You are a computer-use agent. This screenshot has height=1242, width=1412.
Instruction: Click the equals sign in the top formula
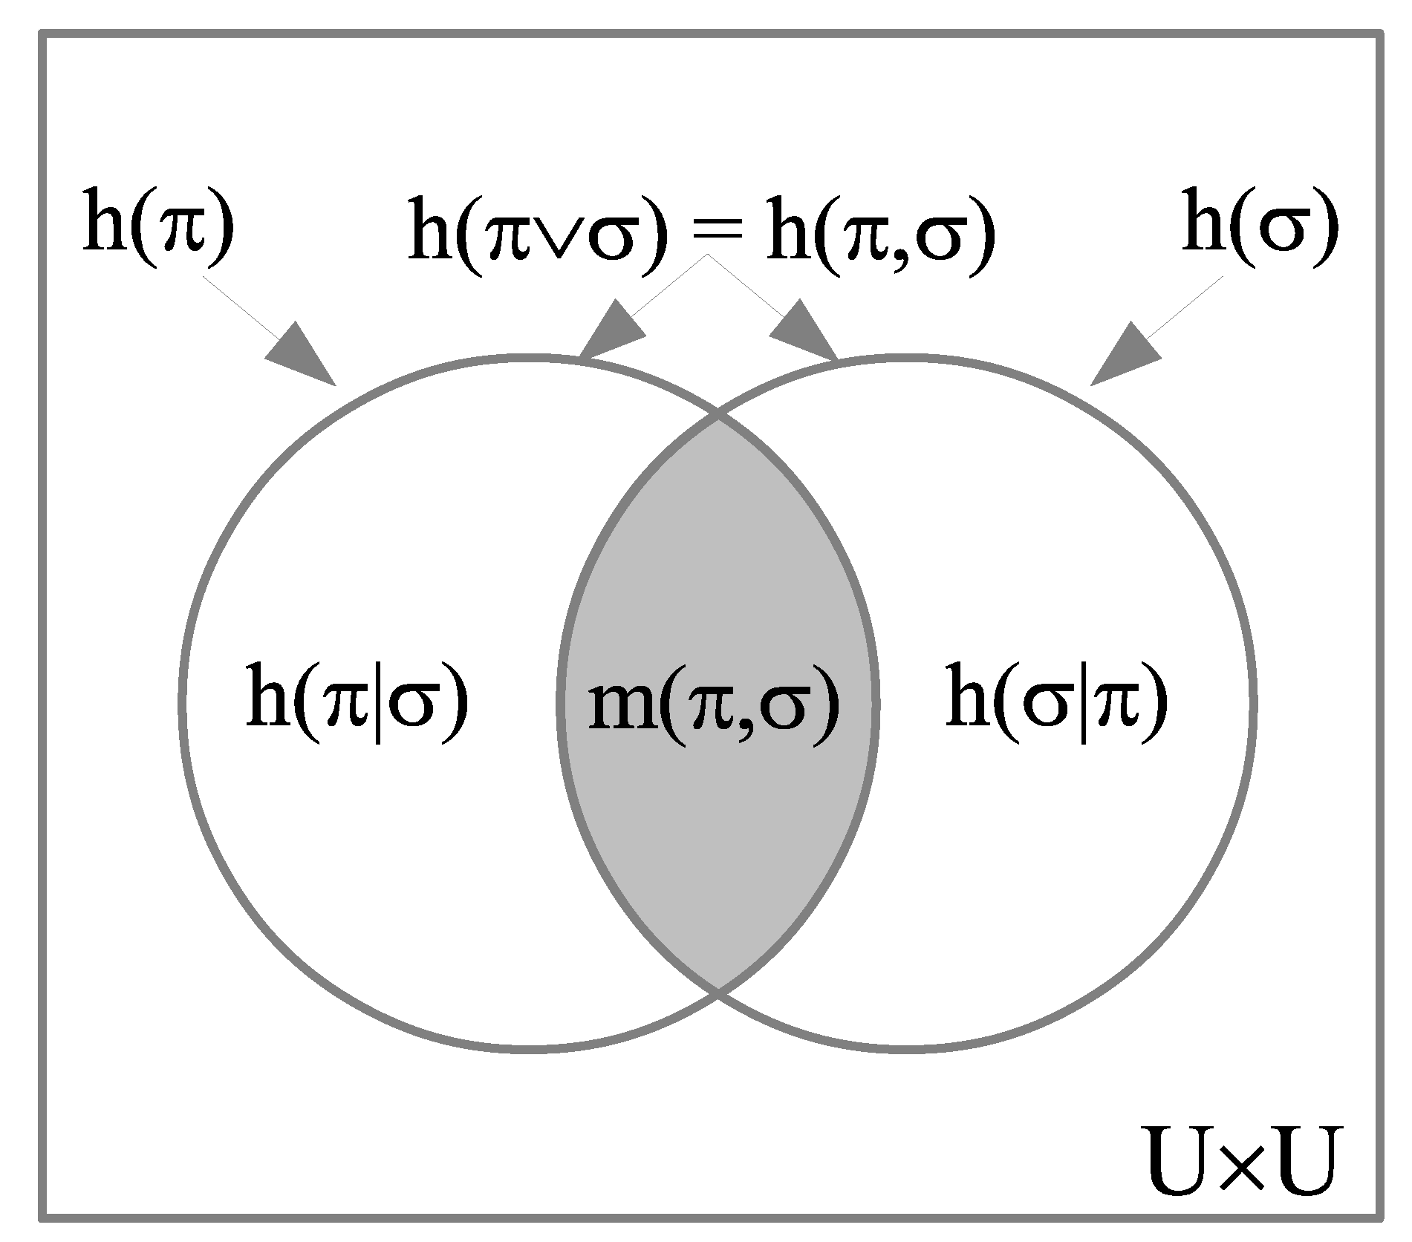(x=717, y=236)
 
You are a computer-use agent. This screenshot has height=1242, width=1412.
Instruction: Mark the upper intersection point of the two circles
(x=718, y=418)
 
